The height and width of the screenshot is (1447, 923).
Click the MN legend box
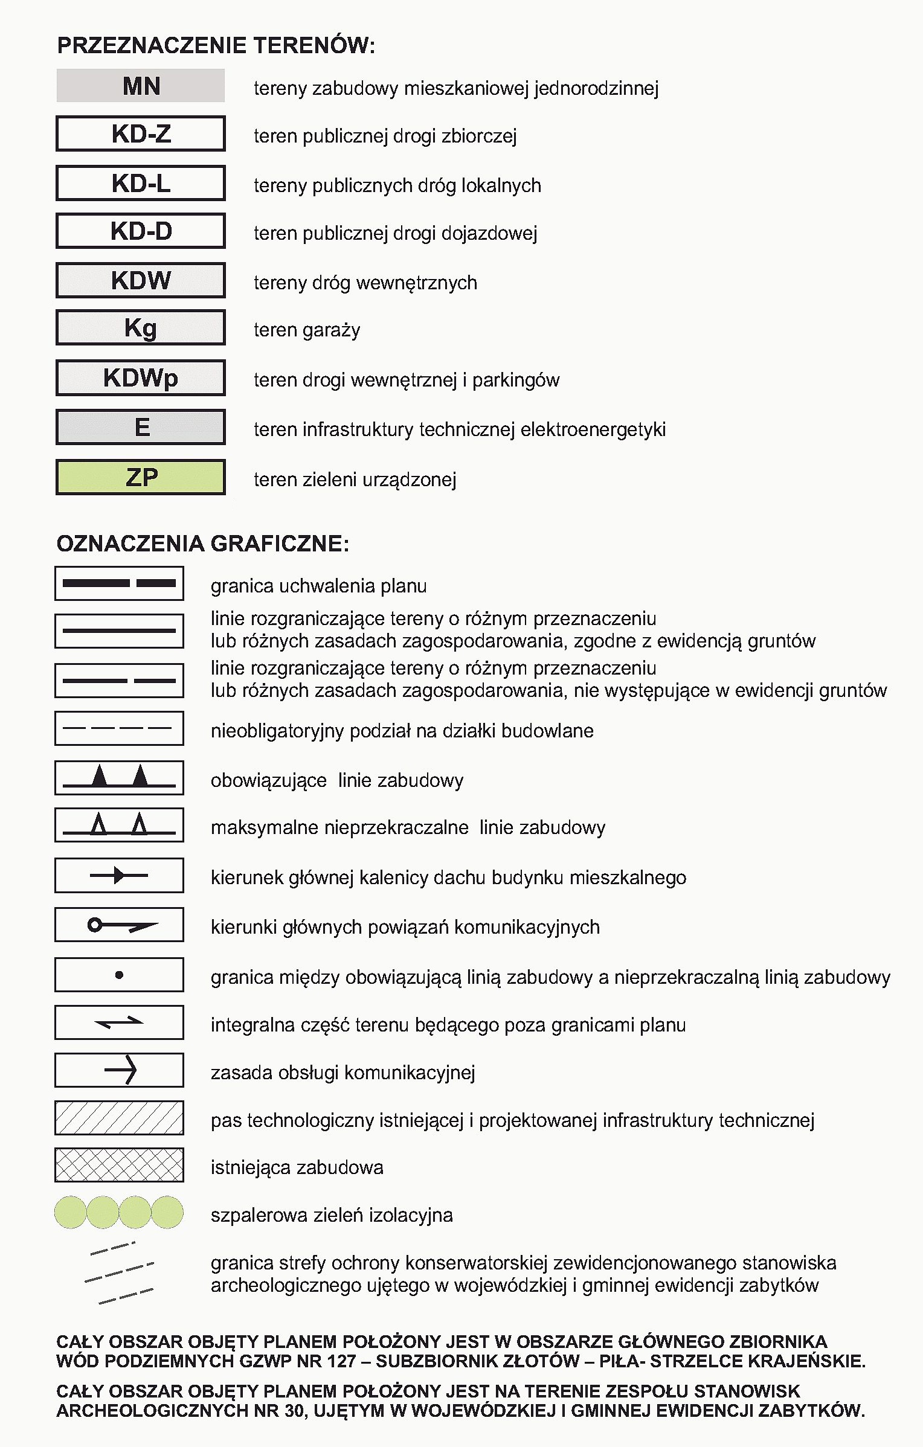141,86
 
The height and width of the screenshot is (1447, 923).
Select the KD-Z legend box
141,133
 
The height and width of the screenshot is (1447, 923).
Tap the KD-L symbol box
141,183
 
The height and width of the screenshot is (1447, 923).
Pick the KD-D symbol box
141,231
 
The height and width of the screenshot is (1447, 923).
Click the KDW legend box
141,280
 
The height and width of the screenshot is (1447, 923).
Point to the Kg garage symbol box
141,328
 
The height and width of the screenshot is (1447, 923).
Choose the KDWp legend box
141,378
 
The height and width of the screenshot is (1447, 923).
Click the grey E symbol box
141,427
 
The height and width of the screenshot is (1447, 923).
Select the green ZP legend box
141,477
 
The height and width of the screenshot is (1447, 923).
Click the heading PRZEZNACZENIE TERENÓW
216,46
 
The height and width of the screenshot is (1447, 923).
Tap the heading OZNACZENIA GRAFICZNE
202,544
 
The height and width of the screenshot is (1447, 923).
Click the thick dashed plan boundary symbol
119,583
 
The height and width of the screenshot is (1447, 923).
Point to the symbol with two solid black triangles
119,778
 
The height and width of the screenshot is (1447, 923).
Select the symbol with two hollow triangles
119,825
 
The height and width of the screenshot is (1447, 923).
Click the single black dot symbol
119,975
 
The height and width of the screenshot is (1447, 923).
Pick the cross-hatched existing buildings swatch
119,1165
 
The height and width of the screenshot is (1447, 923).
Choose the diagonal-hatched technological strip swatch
119,1118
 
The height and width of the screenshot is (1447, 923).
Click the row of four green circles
119,1212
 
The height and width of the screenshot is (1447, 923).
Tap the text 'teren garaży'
307,330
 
